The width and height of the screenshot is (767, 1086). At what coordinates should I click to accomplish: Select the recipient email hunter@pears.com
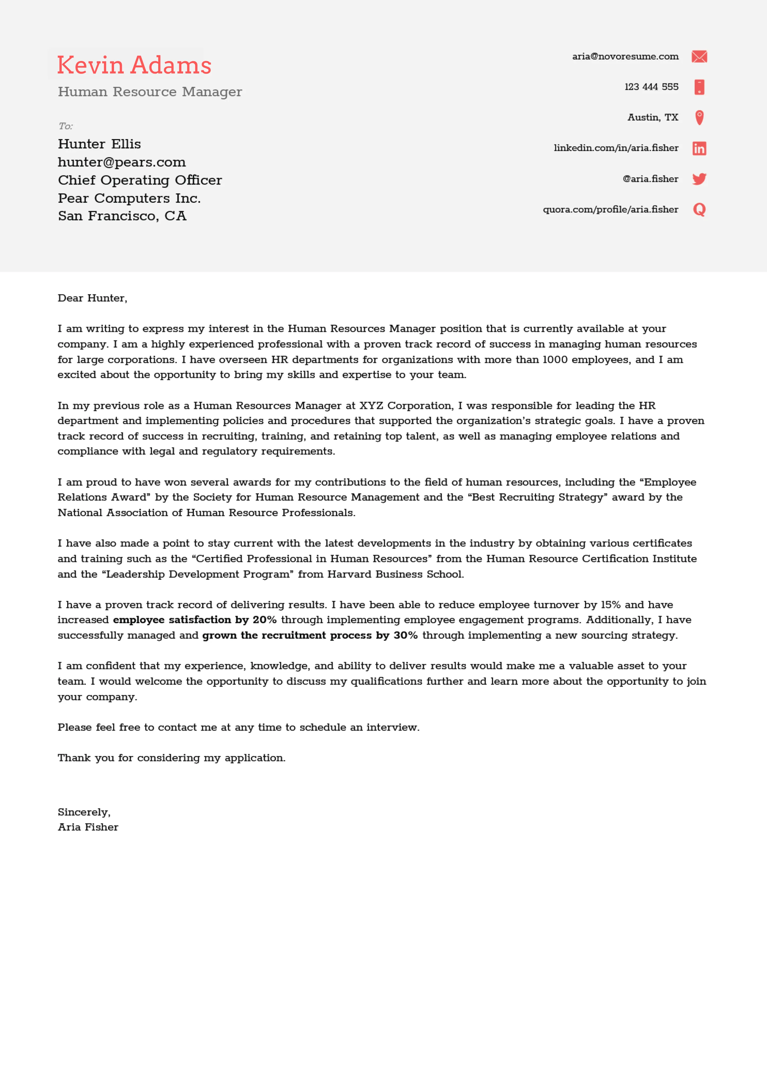tap(122, 162)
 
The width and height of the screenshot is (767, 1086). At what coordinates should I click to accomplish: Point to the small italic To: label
tap(65, 126)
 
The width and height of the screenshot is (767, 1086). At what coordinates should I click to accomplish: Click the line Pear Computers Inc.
tap(129, 198)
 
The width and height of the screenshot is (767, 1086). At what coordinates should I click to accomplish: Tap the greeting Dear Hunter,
tap(92, 298)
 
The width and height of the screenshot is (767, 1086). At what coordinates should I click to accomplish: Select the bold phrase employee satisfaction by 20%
tap(194, 620)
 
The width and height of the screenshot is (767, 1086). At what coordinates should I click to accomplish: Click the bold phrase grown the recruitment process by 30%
tap(310, 635)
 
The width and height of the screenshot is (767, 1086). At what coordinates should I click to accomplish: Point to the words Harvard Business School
tap(395, 574)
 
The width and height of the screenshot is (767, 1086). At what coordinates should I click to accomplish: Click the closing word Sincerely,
tap(84, 812)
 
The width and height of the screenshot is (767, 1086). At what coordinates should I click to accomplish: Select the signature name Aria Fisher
tap(88, 827)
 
